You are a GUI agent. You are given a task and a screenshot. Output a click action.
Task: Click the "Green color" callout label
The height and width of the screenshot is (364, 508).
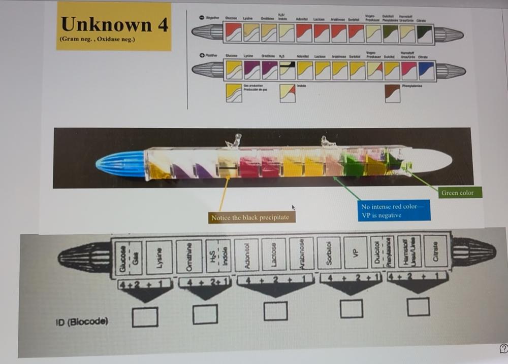point(457,193)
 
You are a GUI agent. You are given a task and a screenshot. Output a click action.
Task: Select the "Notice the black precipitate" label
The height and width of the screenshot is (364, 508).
point(249,217)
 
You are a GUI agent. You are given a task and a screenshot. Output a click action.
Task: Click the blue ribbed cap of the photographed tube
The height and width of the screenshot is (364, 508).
point(120,164)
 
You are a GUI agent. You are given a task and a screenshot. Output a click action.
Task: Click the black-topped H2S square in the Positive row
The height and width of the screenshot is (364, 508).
point(288,70)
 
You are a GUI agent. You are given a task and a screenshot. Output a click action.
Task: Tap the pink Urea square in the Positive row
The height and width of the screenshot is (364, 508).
point(409,70)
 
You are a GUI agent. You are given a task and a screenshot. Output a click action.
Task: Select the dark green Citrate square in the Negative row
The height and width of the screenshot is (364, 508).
point(425,33)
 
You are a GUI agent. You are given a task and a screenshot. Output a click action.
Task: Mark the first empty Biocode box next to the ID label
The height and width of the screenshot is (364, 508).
point(145,316)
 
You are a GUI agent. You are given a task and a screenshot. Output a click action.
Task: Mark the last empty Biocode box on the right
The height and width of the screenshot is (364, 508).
point(418,307)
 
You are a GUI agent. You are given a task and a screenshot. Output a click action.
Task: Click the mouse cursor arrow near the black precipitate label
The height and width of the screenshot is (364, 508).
point(294,207)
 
